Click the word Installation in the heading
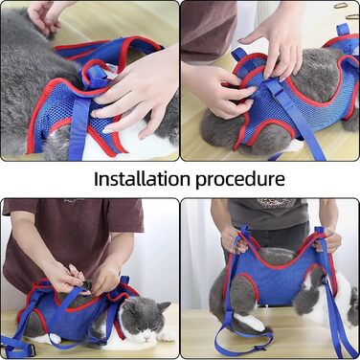pos(142,179)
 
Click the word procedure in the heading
pos(240,180)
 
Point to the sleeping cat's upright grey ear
pos(165,307)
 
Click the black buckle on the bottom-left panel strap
pos(30,350)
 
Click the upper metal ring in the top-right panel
pos(340,6)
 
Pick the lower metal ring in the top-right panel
pos(352,16)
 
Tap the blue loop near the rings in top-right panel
pos(344,30)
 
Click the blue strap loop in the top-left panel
pos(96,75)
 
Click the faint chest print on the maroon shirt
pos(75,201)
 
